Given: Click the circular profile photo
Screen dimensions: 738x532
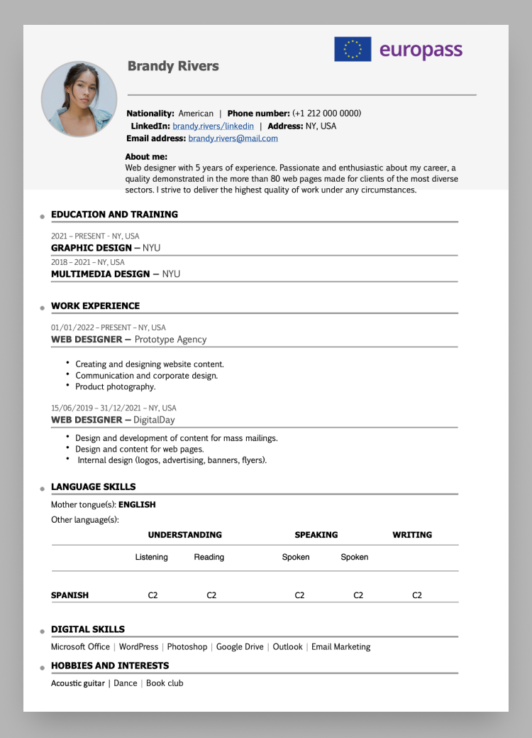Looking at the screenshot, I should click(79, 98).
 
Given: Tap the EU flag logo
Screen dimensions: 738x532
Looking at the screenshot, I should click(353, 50).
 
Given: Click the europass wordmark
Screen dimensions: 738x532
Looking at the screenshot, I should click(421, 50).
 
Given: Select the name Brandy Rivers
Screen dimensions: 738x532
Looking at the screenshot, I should click(173, 66).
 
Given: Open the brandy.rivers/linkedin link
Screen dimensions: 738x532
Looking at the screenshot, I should click(213, 126).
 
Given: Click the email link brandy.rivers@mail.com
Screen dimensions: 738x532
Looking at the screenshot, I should click(233, 139).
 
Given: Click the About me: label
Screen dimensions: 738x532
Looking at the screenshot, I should click(146, 156).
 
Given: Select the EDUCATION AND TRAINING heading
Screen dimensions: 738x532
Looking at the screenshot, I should click(114, 214).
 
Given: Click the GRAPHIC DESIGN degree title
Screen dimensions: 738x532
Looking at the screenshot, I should click(92, 248).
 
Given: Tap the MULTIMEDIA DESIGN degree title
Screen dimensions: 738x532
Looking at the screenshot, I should click(100, 273).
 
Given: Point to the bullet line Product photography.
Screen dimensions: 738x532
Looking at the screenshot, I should click(115, 387).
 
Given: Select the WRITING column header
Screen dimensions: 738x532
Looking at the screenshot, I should click(412, 535).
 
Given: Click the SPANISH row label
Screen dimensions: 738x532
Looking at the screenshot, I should click(70, 595).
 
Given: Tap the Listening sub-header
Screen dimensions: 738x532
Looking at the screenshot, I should click(152, 557).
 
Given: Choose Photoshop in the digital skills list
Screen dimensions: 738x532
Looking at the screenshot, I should click(187, 646).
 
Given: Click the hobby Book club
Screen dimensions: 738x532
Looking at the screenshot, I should click(165, 683).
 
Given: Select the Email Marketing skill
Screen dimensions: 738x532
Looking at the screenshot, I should click(340, 646).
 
